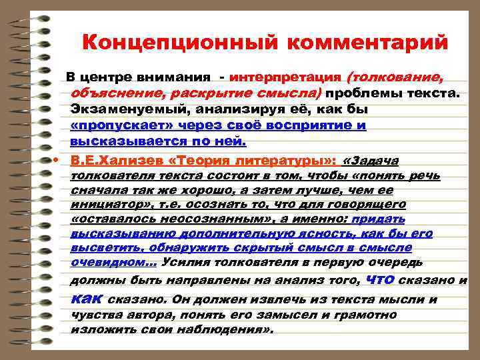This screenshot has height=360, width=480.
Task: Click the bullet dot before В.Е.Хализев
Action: coord(58,161)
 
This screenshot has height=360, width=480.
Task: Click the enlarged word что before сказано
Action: coord(386,279)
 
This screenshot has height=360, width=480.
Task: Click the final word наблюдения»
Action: coord(226,329)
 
